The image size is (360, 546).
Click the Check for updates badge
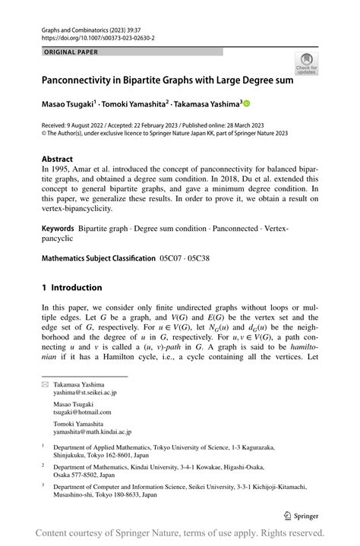(307, 64)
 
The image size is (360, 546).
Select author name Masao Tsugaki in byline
(71, 103)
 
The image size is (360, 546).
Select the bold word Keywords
(62, 228)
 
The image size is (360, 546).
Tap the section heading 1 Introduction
(72, 288)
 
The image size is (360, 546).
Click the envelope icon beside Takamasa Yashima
(45, 386)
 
